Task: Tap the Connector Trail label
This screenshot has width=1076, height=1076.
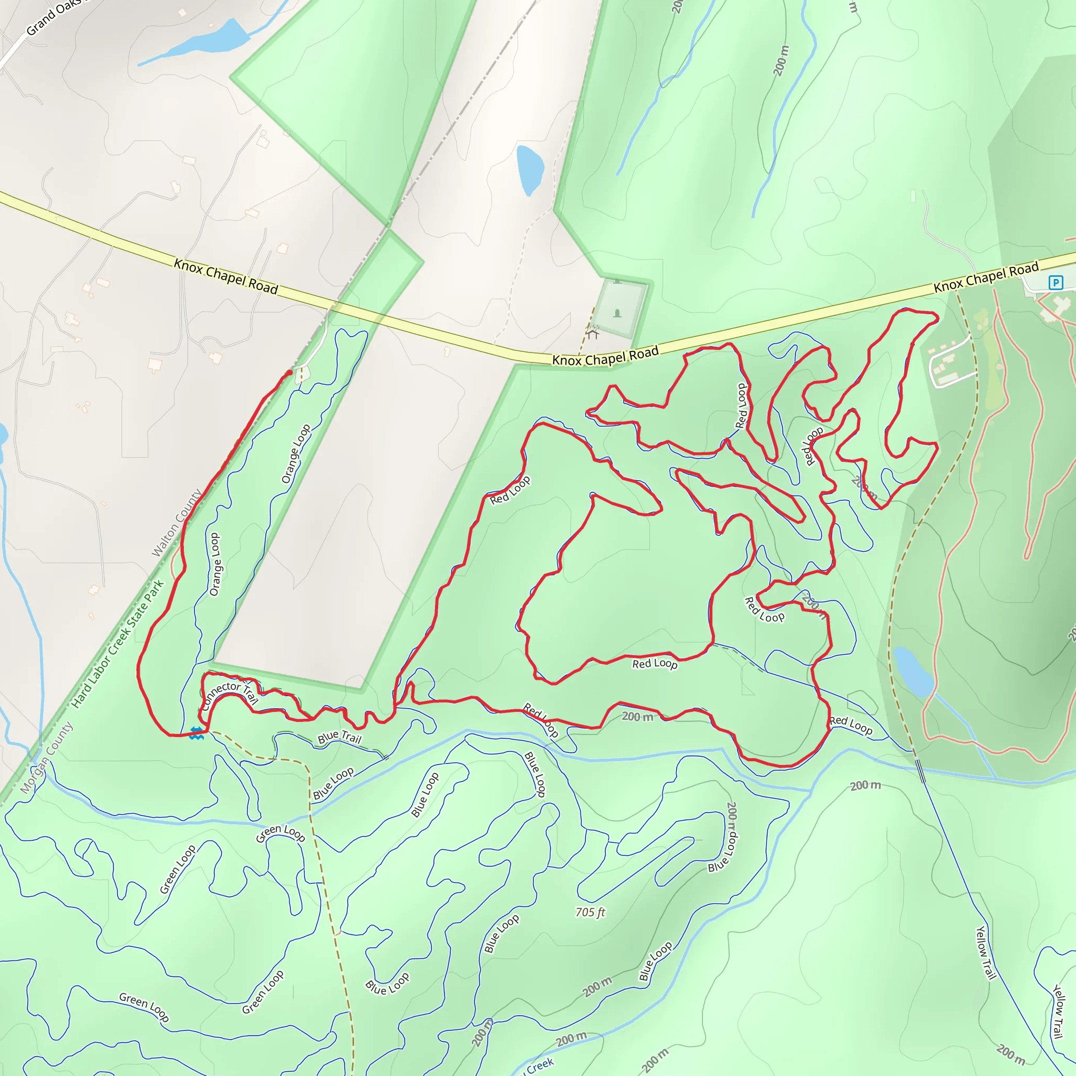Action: (x=229, y=694)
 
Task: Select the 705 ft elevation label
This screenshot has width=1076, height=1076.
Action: (x=591, y=912)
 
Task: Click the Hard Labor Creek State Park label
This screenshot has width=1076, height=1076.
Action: (x=118, y=644)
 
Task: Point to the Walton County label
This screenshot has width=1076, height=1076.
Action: (x=177, y=523)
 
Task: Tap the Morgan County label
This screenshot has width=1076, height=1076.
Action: (x=47, y=758)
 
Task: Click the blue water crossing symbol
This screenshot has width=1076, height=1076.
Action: (x=196, y=733)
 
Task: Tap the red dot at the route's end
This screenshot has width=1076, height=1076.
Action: (x=289, y=373)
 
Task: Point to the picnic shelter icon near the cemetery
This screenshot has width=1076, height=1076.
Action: (x=593, y=334)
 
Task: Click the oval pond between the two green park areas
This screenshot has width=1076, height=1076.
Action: (x=530, y=170)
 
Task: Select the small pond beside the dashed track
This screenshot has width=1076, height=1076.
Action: (x=913, y=671)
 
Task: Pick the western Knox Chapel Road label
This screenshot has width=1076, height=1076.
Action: (x=225, y=276)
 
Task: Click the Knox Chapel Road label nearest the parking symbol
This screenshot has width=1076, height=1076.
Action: (x=986, y=277)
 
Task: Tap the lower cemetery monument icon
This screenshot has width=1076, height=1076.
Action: (x=617, y=313)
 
